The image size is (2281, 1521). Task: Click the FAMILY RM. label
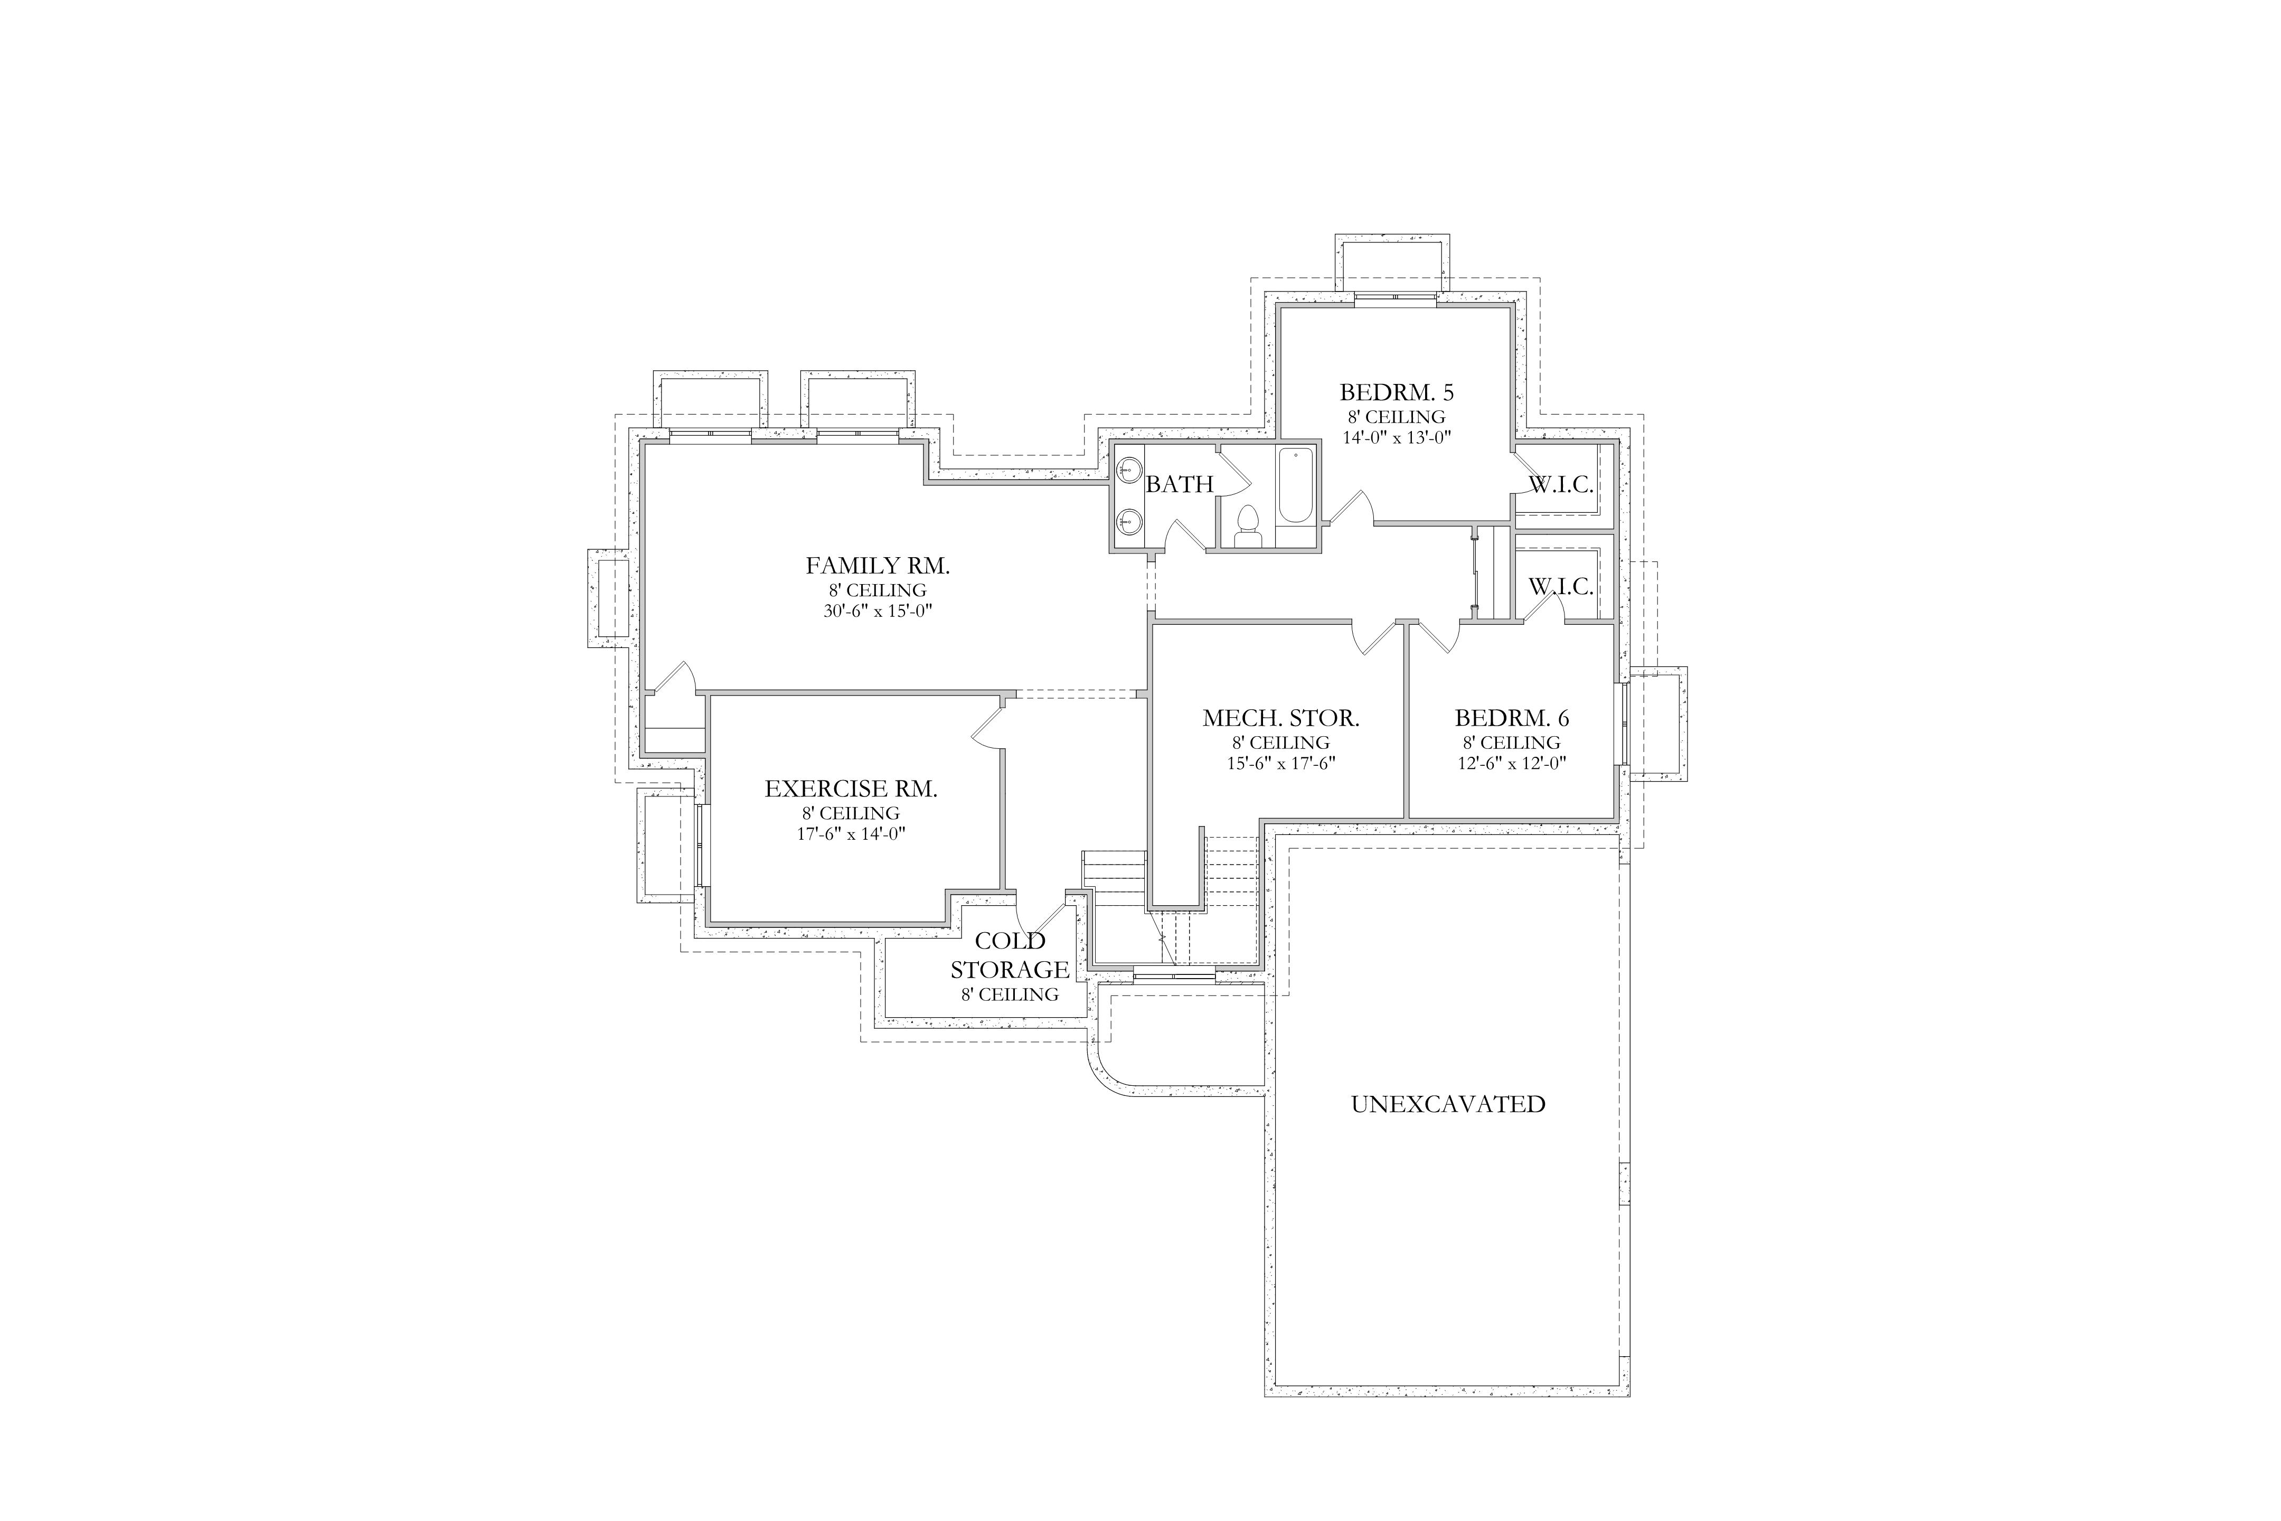pyautogui.click(x=878, y=566)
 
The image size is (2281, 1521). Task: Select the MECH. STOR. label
pyautogui.click(x=1281, y=719)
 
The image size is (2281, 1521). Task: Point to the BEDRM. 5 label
pyautogui.click(x=1397, y=393)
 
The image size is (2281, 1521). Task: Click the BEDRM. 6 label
pyautogui.click(x=1512, y=719)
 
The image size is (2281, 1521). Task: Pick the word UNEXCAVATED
pyautogui.click(x=1448, y=1104)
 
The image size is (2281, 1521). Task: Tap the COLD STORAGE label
pyautogui.click(x=1010, y=955)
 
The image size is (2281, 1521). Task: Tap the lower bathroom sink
pyautogui.click(x=1128, y=522)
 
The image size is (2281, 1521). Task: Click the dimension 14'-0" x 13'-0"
pyautogui.click(x=1397, y=437)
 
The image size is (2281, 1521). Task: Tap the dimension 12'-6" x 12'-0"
pyautogui.click(x=1512, y=764)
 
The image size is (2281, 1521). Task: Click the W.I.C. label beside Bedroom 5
pyautogui.click(x=1561, y=485)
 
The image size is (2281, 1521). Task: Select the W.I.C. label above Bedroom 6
pyautogui.click(x=1561, y=587)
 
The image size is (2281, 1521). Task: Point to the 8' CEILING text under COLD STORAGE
pyautogui.click(x=1010, y=995)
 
